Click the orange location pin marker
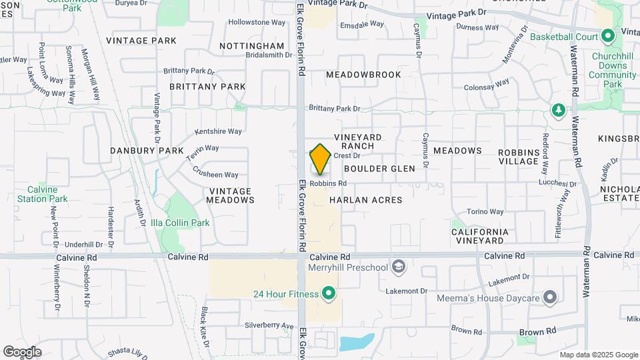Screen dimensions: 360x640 click(x=321, y=159)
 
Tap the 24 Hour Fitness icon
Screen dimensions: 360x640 click(x=328, y=293)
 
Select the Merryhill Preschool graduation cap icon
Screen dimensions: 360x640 click(x=399, y=267)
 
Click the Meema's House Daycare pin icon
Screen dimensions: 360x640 click(x=550, y=297)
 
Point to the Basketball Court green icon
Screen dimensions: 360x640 click(x=607, y=36)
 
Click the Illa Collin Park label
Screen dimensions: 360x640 click(x=180, y=223)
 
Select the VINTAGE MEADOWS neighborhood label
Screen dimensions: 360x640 click(x=231, y=195)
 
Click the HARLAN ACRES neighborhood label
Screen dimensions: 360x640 click(x=365, y=200)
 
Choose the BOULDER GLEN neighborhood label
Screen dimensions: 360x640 click(x=379, y=169)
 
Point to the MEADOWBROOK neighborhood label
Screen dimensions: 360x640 click(x=363, y=75)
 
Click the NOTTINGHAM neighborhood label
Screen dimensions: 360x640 click(x=253, y=46)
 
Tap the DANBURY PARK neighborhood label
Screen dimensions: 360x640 click(x=147, y=151)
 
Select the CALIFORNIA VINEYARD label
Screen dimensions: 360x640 click(x=480, y=236)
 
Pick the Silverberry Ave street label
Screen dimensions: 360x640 click(x=269, y=326)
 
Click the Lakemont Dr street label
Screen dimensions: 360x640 click(x=407, y=291)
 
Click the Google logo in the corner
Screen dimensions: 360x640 click(x=22, y=352)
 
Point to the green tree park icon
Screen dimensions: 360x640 click(x=557, y=109)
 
